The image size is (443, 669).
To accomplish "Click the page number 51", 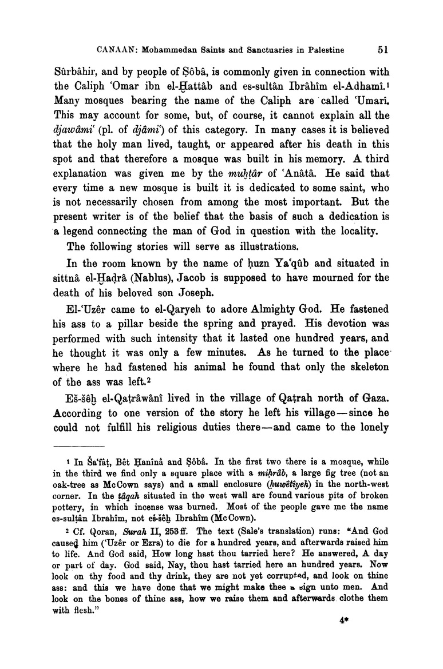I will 383,50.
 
